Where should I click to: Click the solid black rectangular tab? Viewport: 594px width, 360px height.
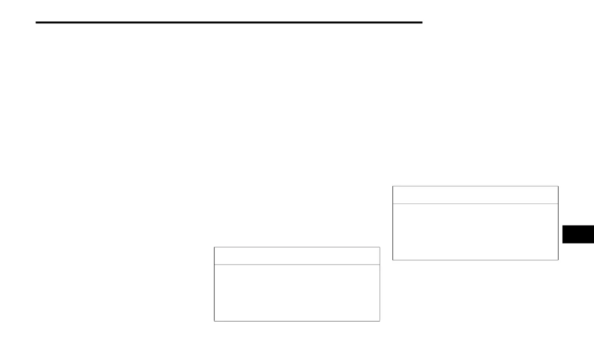[x=578, y=234]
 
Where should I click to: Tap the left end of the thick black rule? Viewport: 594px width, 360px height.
[x=36, y=22]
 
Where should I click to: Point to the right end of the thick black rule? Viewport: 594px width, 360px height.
[x=422, y=22]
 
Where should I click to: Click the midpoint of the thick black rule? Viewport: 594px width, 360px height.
[x=229, y=22]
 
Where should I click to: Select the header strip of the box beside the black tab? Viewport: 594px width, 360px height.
[x=475, y=195]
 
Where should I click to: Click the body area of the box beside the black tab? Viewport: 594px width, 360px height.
[x=475, y=231]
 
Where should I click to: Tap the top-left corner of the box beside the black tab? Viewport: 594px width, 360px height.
[x=392, y=186]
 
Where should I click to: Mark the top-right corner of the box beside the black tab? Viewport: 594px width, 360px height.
[x=558, y=186]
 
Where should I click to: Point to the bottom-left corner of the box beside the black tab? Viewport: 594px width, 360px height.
[x=392, y=260]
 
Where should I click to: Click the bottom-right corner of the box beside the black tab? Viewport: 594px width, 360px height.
[x=558, y=260]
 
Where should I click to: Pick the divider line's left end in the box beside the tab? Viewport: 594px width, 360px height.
[x=393, y=203]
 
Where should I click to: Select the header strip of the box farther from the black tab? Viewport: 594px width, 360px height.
[x=296, y=255]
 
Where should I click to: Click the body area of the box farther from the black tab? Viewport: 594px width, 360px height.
[x=296, y=292]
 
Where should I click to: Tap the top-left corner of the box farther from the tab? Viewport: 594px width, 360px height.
[x=214, y=247]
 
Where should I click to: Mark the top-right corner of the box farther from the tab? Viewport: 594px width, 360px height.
[x=379, y=247]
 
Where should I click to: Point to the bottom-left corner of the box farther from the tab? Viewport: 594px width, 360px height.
[x=214, y=320]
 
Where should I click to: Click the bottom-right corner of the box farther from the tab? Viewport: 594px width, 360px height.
[x=379, y=320]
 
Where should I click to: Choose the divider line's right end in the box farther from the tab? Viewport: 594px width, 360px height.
[x=379, y=264]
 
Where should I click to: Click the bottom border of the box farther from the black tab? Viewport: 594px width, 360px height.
[x=296, y=320]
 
